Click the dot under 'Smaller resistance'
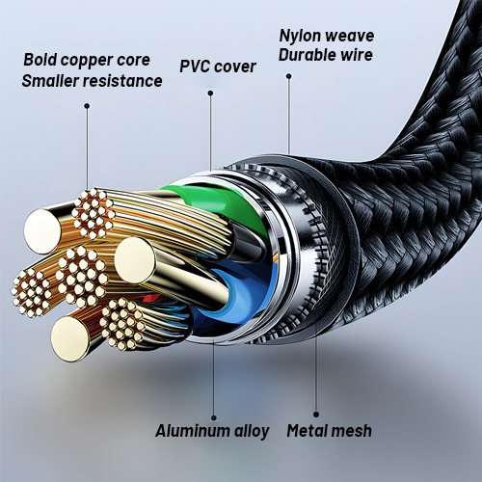87,106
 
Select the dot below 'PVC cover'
210,94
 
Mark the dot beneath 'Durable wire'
289,76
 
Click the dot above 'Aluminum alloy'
214,417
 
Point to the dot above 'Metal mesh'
316,415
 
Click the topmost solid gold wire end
42,230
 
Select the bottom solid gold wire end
70,338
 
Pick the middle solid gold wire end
135,260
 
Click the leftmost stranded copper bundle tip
32,292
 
